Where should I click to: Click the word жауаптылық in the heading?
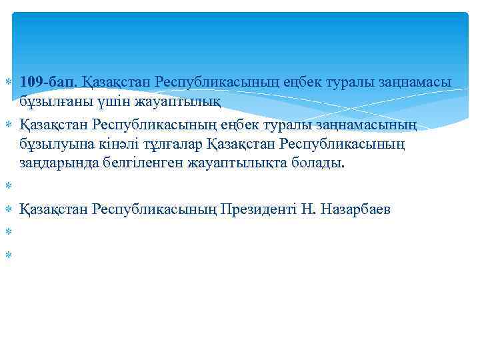[179, 101]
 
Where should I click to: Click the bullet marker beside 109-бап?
[8, 82]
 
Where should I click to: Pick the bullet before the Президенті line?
[8, 209]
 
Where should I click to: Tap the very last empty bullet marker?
[8, 254]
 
